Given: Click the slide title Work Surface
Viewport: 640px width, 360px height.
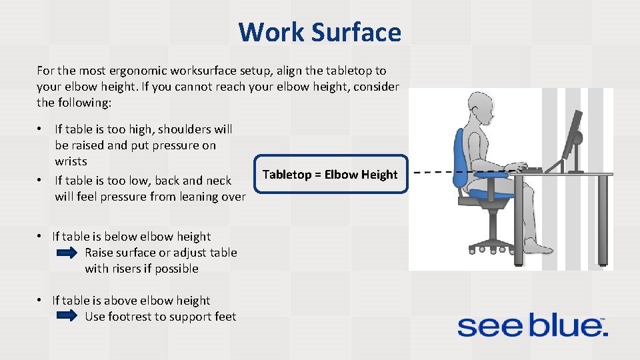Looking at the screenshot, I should click(319, 32).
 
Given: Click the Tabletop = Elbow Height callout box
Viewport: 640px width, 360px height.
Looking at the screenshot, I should click(330, 175).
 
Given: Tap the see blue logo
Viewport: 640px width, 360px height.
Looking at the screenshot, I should click(531, 326).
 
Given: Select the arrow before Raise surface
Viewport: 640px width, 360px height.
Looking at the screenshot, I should click(67, 253).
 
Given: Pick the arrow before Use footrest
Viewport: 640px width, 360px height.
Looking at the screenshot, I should click(67, 317).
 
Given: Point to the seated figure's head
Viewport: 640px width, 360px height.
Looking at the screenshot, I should click(482, 107).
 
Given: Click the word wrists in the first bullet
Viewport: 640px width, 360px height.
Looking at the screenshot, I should click(71, 161).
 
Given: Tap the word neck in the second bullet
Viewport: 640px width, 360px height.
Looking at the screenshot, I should click(210, 180).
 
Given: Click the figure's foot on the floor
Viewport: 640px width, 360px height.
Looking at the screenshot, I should click(539, 248).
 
